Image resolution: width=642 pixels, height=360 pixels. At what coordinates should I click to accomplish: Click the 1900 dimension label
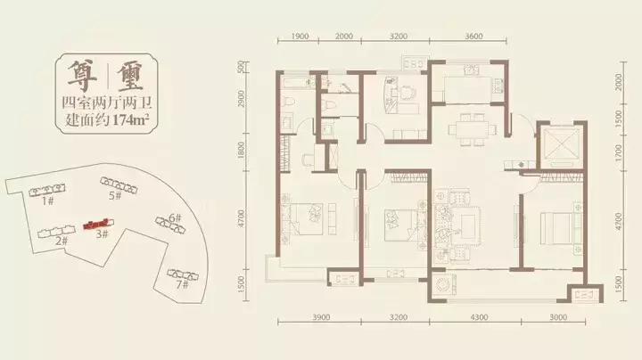pyautogui.click(x=300, y=37)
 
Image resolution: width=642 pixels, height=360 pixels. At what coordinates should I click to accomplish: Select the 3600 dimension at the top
pyautogui.click(x=473, y=37)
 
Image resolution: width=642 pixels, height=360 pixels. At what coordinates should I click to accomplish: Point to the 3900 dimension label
pyautogui.click(x=321, y=317)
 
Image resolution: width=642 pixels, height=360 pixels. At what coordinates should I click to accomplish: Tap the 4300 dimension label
pyautogui.click(x=479, y=317)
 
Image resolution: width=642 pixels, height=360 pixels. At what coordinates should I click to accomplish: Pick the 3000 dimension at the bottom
pyautogui.click(x=558, y=317)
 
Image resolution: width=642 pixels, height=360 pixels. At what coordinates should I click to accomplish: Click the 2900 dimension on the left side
pyautogui.click(x=241, y=99)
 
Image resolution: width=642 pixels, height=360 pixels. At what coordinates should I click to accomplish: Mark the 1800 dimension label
pyautogui.click(x=241, y=150)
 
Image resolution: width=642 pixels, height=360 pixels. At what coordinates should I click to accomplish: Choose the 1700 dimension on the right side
pyautogui.click(x=619, y=152)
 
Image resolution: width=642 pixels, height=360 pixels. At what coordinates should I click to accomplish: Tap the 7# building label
pyautogui.click(x=182, y=284)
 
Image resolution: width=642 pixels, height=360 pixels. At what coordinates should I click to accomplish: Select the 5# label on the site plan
pyautogui.click(x=115, y=195)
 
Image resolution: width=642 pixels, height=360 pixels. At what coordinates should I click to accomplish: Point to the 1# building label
pyautogui.click(x=48, y=200)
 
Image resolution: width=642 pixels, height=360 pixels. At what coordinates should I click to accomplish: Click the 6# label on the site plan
pyautogui.click(x=175, y=217)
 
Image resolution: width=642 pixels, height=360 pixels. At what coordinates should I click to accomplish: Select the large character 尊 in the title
pyautogui.click(x=82, y=77)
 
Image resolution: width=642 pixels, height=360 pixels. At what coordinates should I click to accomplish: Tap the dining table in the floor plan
pyautogui.click(x=472, y=130)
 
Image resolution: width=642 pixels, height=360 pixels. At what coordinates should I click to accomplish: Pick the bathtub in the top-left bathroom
pyautogui.click(x=297, y=83)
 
